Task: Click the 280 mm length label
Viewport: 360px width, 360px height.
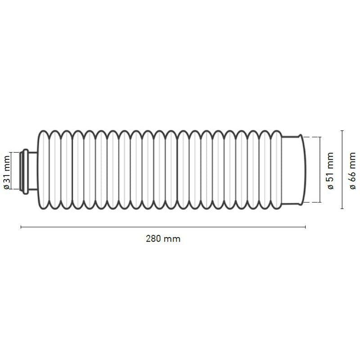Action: click(x=163, y=239)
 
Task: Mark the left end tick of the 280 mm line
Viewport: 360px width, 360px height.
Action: click(x=21, y=227)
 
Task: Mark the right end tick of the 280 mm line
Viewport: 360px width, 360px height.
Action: click(x=306, y=227)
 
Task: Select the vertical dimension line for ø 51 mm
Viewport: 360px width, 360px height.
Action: click(x=319, y=170)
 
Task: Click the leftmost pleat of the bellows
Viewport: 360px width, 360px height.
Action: click(x=44, y=170)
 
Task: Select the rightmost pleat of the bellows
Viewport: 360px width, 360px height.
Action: click(x=275, y=170)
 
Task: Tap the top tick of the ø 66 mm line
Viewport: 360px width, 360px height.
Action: click(x=342, y=131)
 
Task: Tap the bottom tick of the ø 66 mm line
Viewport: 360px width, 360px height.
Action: click(x=342, y=209)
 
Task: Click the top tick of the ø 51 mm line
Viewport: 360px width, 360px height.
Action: click(x=319, y=137)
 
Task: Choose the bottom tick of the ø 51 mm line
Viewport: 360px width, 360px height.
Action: click(x=319, y=202)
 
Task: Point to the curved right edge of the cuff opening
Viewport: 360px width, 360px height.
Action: click(x=306, y=170)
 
